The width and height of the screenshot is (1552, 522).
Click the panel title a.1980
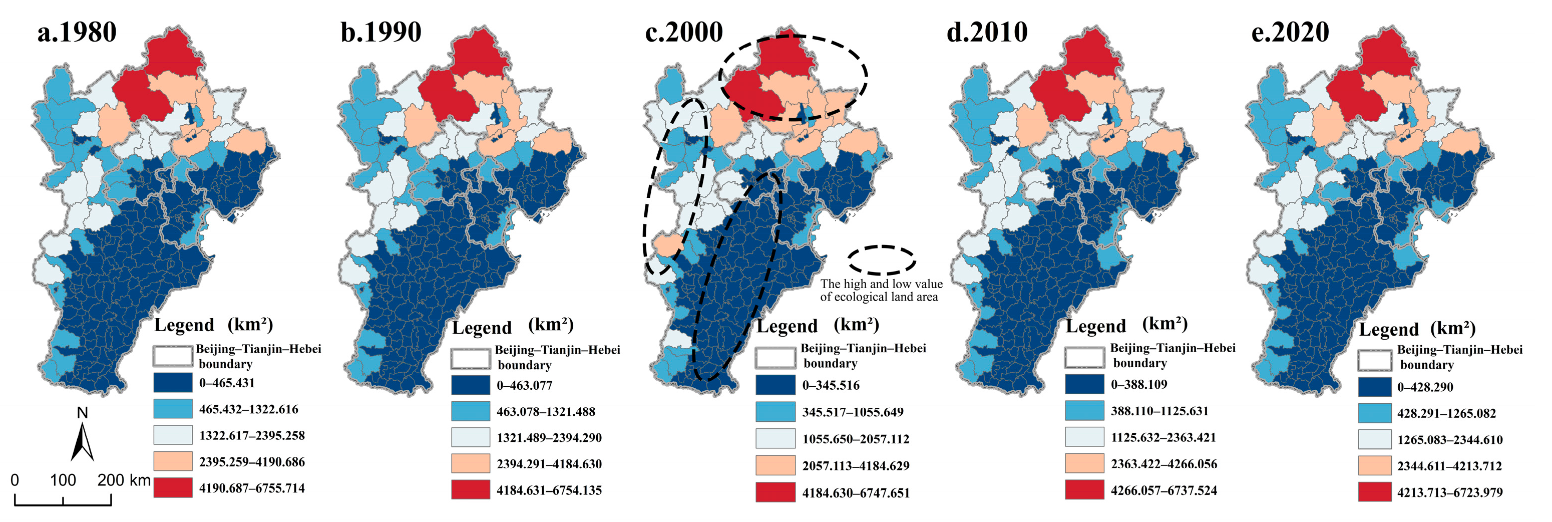pos(77,33)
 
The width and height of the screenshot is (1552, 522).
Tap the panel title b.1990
pos(381,33)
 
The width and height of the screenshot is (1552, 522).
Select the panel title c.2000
pos(684,33)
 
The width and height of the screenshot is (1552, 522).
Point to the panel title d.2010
pos(987,33)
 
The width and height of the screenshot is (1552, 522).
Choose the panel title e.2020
pos(1290,33)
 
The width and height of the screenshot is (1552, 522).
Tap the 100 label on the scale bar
pos(63,480)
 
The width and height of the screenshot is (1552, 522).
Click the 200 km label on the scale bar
pos(124,480)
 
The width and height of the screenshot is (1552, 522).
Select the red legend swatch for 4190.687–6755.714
pos(173,487)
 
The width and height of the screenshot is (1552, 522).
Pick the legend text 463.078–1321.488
pos(546,412)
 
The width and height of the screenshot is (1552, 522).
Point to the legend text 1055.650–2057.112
pos(856,439)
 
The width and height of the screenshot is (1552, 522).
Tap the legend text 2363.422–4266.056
pos(1164,464)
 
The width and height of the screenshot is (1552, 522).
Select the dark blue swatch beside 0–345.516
pos(775,385)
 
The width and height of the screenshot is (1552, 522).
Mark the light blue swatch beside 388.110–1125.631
pos(1084,410)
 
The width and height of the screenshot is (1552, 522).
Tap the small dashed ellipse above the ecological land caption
pos(882,260)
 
